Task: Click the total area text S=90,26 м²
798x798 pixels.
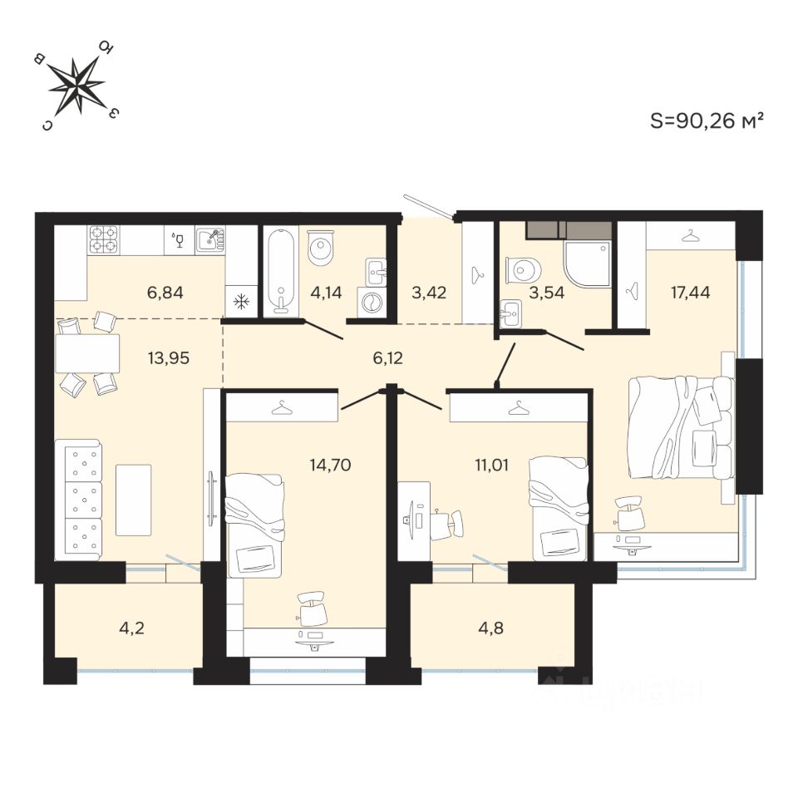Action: pos(706,121)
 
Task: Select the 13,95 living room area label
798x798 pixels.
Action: pos(166,358)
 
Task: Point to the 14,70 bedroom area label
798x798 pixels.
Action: pos(330,465)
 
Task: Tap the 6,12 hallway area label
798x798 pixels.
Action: pos(392,358)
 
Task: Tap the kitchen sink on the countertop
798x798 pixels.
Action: pos(209,240)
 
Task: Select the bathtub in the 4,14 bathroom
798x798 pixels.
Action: pos(281,272)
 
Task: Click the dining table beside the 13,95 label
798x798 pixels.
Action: pos(87,353)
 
